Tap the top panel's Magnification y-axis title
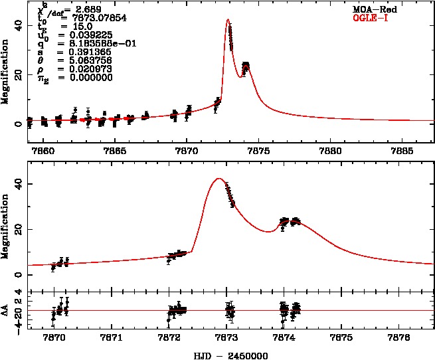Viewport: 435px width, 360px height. (x=6, y=72)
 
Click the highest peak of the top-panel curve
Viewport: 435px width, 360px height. (x=228, y=20)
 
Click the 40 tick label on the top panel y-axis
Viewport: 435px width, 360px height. (x=19, y=25)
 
